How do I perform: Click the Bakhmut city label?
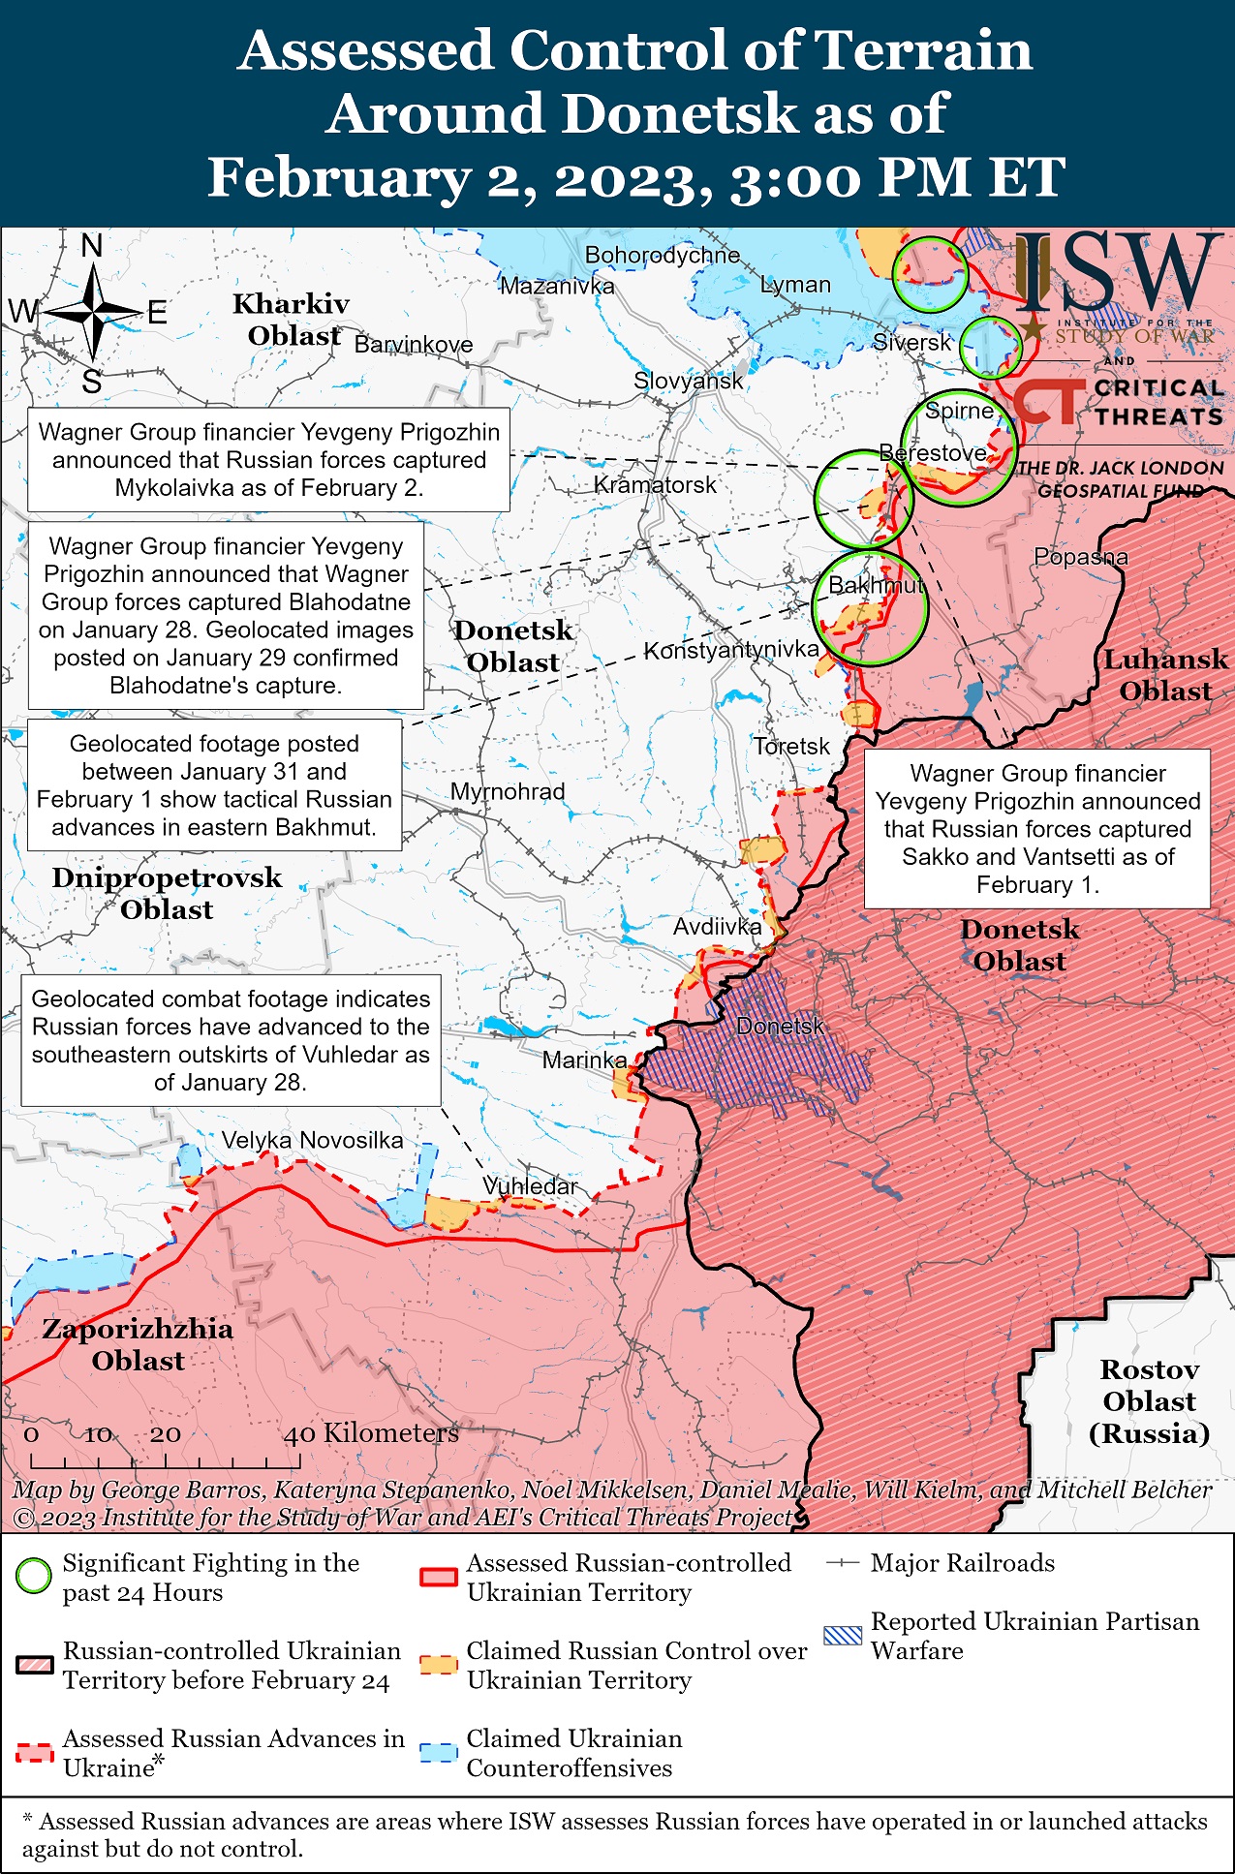(875, 586)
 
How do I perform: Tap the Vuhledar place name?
(530, 1186)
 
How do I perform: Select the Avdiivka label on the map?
(717, 927)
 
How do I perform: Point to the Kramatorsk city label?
(655, 484)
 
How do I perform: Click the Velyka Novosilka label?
(312, 1140)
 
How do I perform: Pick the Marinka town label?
(584, 1060)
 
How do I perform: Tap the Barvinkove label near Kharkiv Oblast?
(414, 345)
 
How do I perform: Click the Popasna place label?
(1080, 557)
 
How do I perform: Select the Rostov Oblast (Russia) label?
(1149, 1401)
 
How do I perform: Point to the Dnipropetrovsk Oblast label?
(167, 893)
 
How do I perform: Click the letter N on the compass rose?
(92, 247)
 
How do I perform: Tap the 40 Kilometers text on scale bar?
(371, 1433)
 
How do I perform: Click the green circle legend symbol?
(34, 1577)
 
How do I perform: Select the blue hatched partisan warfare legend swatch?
(842, 1636)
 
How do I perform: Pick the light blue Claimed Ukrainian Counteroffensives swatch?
(438, 1753)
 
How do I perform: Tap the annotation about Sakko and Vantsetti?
(1036, 828)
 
